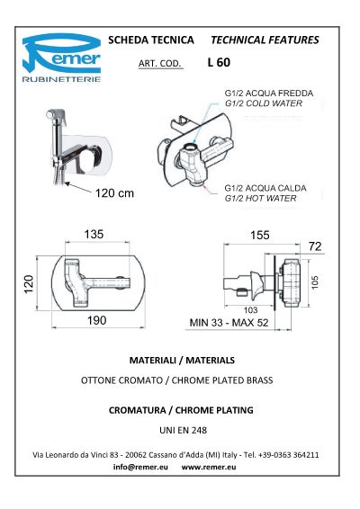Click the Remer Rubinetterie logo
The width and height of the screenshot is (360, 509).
[x=61, y=58]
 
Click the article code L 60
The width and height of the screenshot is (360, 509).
[x=219, y=62]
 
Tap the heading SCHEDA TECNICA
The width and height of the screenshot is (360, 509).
[x=151, y=40]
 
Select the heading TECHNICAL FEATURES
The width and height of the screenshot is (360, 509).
[x=265, y=40]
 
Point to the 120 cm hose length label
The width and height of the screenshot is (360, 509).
[x=114, y=193]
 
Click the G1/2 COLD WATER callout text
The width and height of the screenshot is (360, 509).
[x=264, y=103]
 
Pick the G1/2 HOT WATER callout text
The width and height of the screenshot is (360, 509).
[x=261, y=199]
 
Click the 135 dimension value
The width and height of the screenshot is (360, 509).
[x=94, y=234]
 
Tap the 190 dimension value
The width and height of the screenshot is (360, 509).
[x=97, y=320]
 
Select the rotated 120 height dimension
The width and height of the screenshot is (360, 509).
[x=29, y=283]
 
